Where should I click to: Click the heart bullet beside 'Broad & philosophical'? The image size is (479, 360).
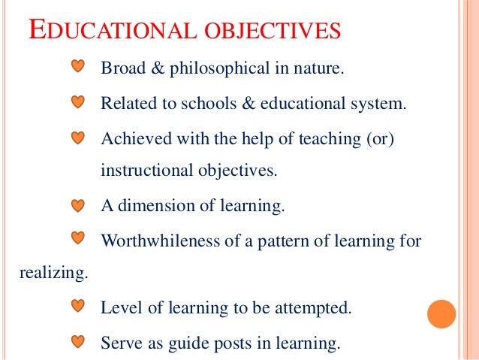78,68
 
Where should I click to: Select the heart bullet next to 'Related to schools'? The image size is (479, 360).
78,101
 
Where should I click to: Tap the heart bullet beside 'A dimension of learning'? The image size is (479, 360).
78,204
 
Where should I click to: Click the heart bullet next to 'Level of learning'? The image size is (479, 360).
78,307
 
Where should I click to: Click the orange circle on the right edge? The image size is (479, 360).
441,313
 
